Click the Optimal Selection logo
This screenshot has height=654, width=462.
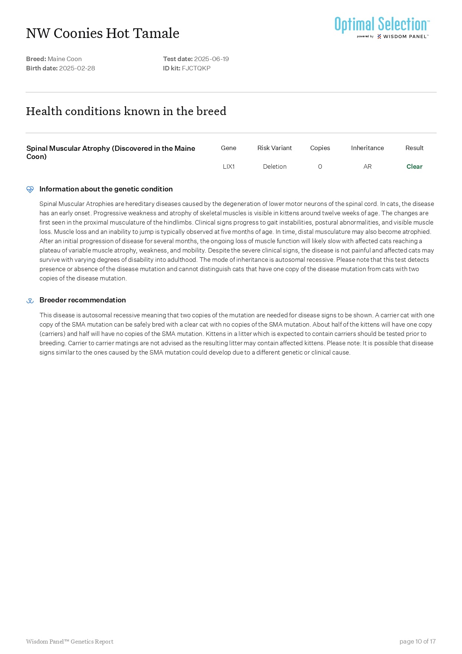pyautogui.click(x=382, y=27)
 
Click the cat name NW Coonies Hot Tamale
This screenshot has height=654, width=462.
pyautogui.click(x=103, y=34)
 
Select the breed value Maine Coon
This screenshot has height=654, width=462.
pyautogui.click(x=65, y=59)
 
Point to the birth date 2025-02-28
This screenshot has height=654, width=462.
pyautogui.click(x=77, y=68)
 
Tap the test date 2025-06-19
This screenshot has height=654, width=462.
pyautogui.click(x=211, y=59)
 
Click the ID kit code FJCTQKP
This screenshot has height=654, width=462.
pyautogui.click(x=196, y=68)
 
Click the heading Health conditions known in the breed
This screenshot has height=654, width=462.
pyautogui.click(x=126, y=111)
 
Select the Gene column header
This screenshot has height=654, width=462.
pyautogui.click(x=228, y=148)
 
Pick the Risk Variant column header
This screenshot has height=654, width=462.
pyautogui.click(x=275, y=148)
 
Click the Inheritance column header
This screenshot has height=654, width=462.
pyautogui.click(x=367, y=148)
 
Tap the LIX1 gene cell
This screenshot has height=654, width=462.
pyautogui.click(x=228, y=166)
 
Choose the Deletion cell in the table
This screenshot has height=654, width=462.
pyautogui.click(x=275, y=166)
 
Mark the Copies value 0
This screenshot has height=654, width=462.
pyautogui.click(x=320, y=166)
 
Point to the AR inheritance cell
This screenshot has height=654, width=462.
pyautogui.click(x=367, y=166)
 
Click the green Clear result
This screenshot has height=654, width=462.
pyautogui.click(x=414, y=166)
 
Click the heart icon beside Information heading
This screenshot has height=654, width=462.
pyautogui.click(x=30, y=190)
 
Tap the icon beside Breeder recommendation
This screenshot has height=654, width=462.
pyautogui.click(x=30, y=301)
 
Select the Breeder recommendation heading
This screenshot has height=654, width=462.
pyautogui.click(x=83, y=300)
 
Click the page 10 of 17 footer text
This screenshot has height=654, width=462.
pyautogui.click(x=417, y=641)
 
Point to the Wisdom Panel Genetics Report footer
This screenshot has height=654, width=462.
pyautogui.click(x=70, y=641)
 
